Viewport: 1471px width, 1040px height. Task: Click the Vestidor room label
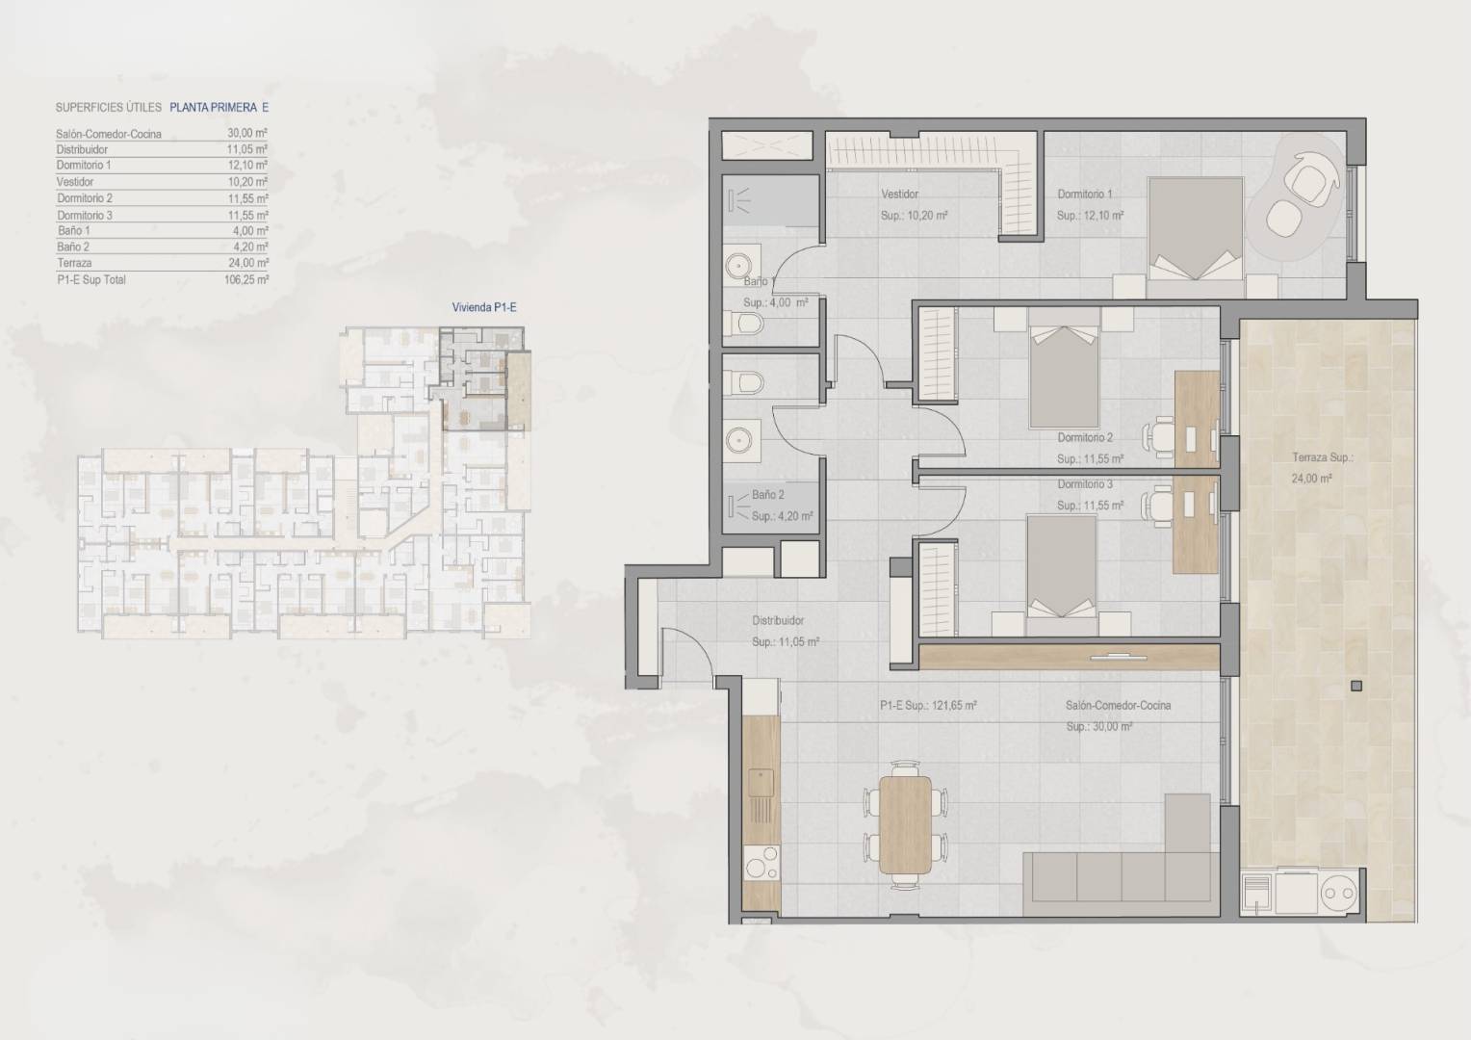pyautogui.click(x=899, y=195)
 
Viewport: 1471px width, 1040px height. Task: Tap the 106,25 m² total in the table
pyautogui.click(x=246, y=280)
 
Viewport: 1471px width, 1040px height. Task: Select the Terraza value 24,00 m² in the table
pyautogui.click(x=248, y=263)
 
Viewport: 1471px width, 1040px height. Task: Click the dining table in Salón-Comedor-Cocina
pyautogui.click(x=905, y=825)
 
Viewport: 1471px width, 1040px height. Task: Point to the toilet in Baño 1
pyautogui.click(x=744, y=323)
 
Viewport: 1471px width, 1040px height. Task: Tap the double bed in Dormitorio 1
pyautogui.click(x=1196, y=237)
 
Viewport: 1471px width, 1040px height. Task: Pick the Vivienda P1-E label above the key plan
pyautogui.click(x=484, y=307)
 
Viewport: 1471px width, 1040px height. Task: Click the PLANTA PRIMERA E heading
pyautogui.click(x=219, y=107)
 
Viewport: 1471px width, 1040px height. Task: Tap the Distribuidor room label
pyautogui.click(x=778, y=620)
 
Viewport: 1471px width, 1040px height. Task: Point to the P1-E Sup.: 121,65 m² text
pyautogui.click(x=928, y=706)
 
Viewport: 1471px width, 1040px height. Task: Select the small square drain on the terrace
pyautogui.click(x=1356, y=687)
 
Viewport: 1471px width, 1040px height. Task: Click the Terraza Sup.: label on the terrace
pyautogui.click(x=1323, y=457)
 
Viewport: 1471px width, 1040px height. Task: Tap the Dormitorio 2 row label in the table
pyautogui.click(x=85, y=197)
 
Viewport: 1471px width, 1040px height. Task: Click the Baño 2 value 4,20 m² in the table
pyautogui.click(x=250, y=247)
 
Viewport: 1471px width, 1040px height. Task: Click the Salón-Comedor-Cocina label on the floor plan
pyautogui.click(x=1118, y=706)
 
